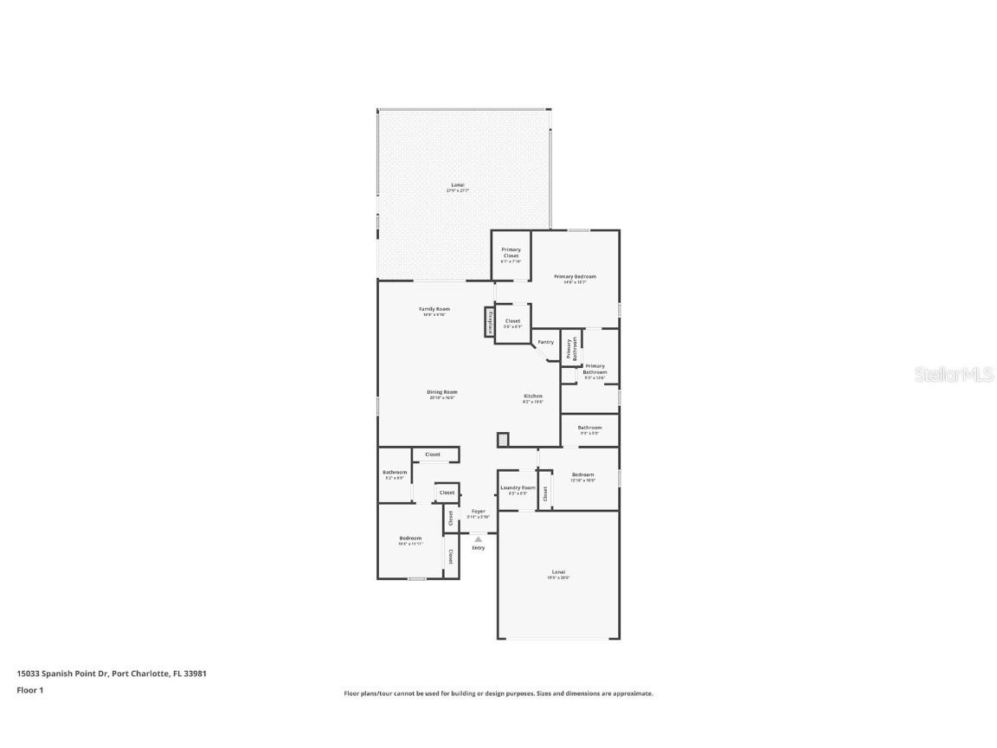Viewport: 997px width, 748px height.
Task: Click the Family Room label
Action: click(434, 309)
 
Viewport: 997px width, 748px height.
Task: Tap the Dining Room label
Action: click(441, 392)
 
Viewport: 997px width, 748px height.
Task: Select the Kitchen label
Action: click(532, 396)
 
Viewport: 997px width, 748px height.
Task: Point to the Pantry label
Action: click(545, 342)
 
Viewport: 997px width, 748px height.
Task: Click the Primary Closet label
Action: click(511, 252)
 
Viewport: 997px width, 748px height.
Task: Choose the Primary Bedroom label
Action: click(575, 277)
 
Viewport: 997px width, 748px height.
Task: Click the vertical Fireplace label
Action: click(490, 321)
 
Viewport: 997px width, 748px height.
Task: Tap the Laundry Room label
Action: click(518, 487)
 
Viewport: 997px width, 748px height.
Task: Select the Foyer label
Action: click(478, 512)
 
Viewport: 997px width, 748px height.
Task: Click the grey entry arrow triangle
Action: click(478, 538)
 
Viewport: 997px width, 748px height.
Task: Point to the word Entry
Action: click(478, 547)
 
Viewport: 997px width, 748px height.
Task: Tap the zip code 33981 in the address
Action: click(196, 673)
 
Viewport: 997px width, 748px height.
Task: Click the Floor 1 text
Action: click(30, 690)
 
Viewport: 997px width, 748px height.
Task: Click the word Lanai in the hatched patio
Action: click(458, 184)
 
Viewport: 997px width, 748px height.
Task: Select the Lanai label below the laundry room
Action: click(558, 571)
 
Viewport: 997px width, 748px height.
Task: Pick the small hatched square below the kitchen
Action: click(503, 440)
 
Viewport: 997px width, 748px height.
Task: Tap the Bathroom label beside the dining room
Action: click(395, 472)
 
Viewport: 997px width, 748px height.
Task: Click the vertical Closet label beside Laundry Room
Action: click(545, 493)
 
